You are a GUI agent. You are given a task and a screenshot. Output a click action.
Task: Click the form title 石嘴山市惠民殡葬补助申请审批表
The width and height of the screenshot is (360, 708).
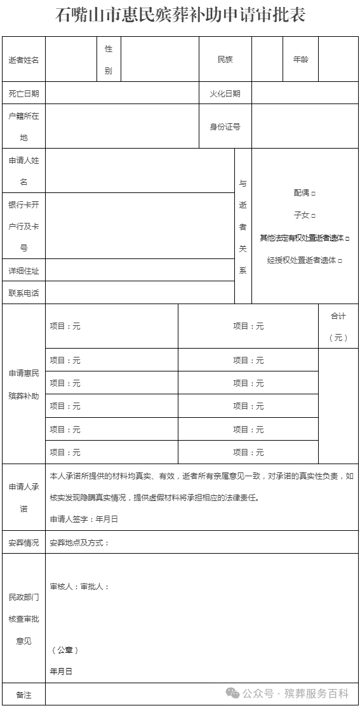[x=180, y=15]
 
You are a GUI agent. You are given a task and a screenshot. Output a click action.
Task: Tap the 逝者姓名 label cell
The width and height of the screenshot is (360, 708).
[x=23, y=60]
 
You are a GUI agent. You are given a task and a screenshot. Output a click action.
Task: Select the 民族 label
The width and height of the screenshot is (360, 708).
[x=225, y=60]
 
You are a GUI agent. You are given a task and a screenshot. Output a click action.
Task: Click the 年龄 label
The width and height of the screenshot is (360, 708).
[x=300, y=60]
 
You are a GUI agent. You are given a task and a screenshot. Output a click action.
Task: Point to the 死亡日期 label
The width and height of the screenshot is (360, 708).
[x=23, y=93]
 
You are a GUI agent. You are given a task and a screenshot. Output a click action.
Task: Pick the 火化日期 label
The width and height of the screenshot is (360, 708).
[x=225, y=93]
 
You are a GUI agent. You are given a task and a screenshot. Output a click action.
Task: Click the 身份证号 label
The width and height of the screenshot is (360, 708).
[x=225, y=126]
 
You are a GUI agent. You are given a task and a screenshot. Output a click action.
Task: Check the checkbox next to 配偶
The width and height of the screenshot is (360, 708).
[x=314, y=192]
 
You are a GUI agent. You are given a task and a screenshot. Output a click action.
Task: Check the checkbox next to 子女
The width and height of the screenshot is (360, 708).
[x=314, y=215]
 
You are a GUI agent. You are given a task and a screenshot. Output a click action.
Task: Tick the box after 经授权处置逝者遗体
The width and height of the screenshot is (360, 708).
[x=340, y=260]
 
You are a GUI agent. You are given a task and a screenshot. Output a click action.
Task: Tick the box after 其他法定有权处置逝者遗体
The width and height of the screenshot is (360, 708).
[x=347, y=238]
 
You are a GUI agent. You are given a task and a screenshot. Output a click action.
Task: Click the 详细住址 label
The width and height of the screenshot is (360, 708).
[x=23, y=271]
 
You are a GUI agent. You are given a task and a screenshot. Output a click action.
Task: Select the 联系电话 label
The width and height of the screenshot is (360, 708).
[x=23, y=293]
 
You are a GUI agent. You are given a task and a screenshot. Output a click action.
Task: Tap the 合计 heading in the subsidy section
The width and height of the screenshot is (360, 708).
[x=338, y=316]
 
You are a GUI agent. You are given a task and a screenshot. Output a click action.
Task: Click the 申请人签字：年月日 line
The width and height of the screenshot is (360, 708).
[x=84, y=519]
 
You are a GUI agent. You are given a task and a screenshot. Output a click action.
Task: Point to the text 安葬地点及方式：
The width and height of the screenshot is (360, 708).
[x=79, y=543]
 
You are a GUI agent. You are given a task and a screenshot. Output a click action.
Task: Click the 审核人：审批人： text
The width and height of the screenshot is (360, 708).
[x=79, y=586]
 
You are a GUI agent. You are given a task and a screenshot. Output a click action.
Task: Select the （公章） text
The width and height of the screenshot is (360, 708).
[x=64, y=650]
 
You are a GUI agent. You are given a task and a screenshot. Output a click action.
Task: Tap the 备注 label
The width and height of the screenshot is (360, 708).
[x=23, y=695]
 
